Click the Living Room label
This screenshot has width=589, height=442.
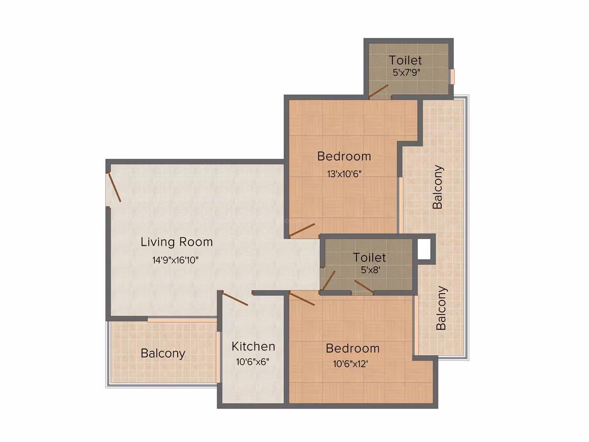(177, 242)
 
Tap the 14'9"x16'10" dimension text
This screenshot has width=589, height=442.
(175, 260)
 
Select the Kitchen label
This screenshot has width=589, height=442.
(253, 346)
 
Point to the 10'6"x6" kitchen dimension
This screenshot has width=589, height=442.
(252, 362)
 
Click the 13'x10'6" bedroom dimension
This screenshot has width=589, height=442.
(344, 174)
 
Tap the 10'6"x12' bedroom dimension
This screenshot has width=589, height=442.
(350, 364)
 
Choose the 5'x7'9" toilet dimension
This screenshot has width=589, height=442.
(406, 72)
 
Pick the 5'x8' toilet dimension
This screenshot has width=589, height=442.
(370, 270)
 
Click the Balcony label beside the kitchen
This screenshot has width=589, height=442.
(163, 353)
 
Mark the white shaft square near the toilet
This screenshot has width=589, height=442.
(424, 249)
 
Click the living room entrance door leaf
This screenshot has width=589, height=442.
(115, 187)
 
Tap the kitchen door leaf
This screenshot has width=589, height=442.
(235, 299)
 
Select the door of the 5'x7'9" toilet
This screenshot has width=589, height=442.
(379, 90)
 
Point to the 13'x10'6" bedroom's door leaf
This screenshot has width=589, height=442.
(303, 230)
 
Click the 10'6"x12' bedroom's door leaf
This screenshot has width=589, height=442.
(303, 299)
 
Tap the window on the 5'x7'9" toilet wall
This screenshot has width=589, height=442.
(452, 77)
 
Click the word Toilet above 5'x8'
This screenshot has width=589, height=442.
(369, 258)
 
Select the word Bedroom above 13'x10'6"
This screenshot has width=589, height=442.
(344, 156)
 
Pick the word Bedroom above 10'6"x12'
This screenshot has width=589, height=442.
(353, 349)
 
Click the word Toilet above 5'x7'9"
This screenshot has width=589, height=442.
(405, 60)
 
